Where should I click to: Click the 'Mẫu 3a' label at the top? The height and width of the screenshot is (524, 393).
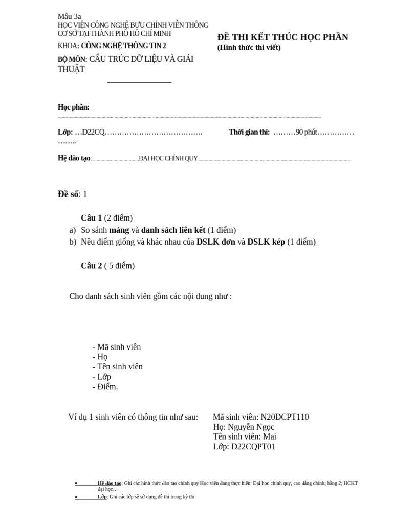[x=69, y=16]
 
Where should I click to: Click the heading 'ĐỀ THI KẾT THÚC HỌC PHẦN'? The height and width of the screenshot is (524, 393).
[x=282, y=37]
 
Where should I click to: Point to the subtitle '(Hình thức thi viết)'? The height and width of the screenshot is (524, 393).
[x=249, y=48]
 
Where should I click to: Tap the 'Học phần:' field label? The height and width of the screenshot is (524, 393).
[x=73, y=107]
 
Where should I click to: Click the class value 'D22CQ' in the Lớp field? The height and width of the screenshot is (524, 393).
[x=94, y=132]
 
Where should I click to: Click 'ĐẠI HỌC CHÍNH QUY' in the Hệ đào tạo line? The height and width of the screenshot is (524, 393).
[x=168, y=158]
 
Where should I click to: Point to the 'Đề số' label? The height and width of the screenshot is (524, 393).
[x=68, y=194]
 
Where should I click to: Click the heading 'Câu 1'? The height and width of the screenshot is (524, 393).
[x=92, y=218]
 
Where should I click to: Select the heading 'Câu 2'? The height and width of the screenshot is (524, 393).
[x=92, y=266]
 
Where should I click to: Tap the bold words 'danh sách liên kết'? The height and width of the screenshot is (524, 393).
[x=173, y=230]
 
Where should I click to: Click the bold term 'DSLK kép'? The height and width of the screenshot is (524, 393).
[x=266, y=242]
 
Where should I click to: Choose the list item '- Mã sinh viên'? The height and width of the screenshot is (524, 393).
[x=117, y=347]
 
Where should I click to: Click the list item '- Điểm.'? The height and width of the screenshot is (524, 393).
[x=105, y=386]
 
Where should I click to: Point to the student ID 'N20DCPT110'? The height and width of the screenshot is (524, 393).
[x=285, y=417]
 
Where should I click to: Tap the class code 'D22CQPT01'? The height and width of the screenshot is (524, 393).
[x=253, y=446]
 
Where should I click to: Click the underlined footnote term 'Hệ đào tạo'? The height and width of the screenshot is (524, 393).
[x=110, y=483]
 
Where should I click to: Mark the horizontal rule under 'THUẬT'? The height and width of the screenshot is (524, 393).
[x=139, y=82]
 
